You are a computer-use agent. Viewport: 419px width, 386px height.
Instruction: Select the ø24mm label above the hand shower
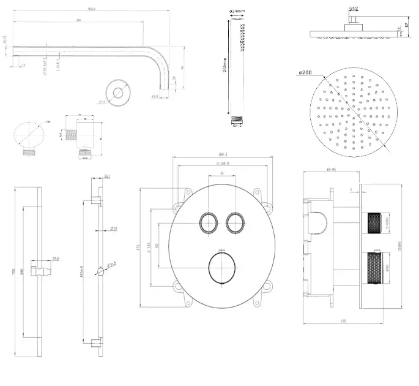(x=237, y=11)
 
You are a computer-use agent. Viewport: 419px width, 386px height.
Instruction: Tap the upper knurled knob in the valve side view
(x=374, y=223)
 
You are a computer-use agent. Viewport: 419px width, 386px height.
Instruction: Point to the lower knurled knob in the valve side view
(x=374, y=270)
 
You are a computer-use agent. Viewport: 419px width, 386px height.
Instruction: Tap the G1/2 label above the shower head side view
(x=354, y=9)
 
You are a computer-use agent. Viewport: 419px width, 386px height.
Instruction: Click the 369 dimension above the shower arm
(x=79, y=21)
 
